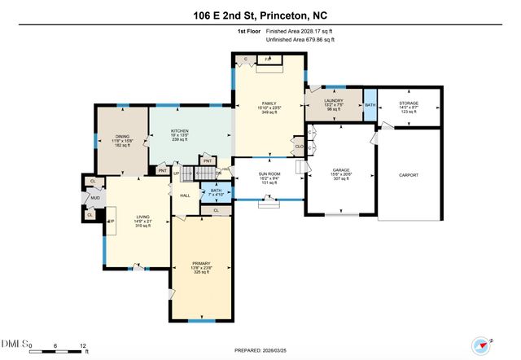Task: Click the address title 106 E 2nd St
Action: pyautogui.click(x=260, y=15)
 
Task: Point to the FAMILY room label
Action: pyautogui.click(x=269, y=102)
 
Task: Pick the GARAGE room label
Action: pyautogui.click(x=340, y=173)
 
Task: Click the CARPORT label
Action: pyautogui.click(x=408, y=175)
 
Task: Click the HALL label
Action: pyautogui.click(x=185, y=195)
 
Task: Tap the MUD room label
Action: pyautogui.click(x=95, y=198)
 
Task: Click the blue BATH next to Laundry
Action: pyautogui.click(x=370, y=105)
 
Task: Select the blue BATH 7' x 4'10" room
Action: pyautogui.click(x=216, y=192)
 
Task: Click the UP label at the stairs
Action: pyautogui.click(x=177, y=173)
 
